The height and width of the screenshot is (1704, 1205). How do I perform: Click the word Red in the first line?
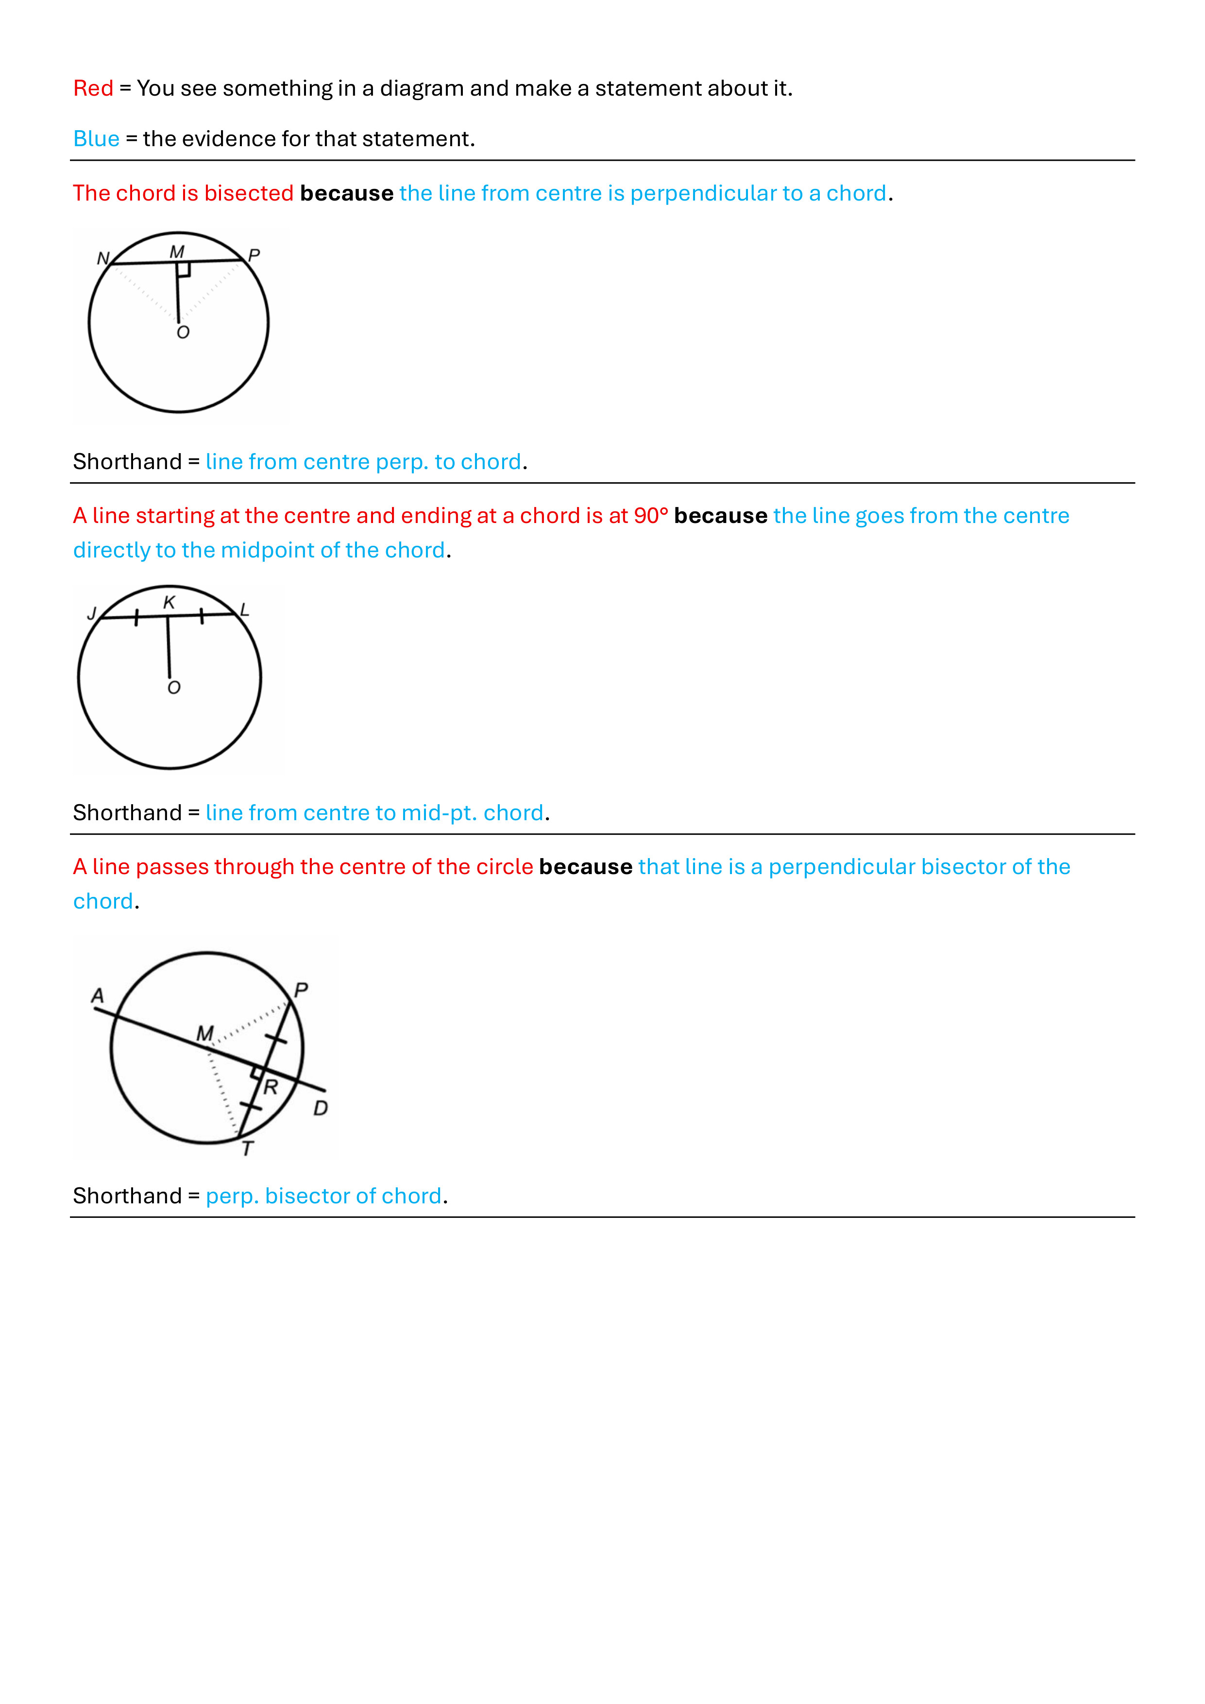click(93, 88)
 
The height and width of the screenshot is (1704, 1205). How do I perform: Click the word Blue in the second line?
click(96, 139)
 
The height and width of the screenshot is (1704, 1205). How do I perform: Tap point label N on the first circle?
click(102, 258)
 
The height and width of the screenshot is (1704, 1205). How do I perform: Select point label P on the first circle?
click(254, 256)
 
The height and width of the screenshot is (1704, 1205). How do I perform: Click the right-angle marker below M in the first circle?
click(184, 270)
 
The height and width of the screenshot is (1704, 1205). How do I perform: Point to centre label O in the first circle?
click(183, 333)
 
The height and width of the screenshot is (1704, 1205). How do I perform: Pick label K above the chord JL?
click(170, 603)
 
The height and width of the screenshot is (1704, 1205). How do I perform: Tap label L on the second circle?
click(244, 610)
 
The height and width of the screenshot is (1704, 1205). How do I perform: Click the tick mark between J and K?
click(136, 617)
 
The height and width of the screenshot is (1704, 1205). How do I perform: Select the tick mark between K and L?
click(201, 615)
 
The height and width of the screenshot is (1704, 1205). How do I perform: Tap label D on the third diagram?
click(321, 1108)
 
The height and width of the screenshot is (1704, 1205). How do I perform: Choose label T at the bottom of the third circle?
click(248, 1149)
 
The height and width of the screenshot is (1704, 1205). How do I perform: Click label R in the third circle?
click(271, 1088)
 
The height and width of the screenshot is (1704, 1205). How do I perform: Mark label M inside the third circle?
click(205, 1033)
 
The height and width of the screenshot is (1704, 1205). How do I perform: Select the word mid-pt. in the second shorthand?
click(439, 812)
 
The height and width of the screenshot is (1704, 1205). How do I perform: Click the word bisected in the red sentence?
click(249, 193)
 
